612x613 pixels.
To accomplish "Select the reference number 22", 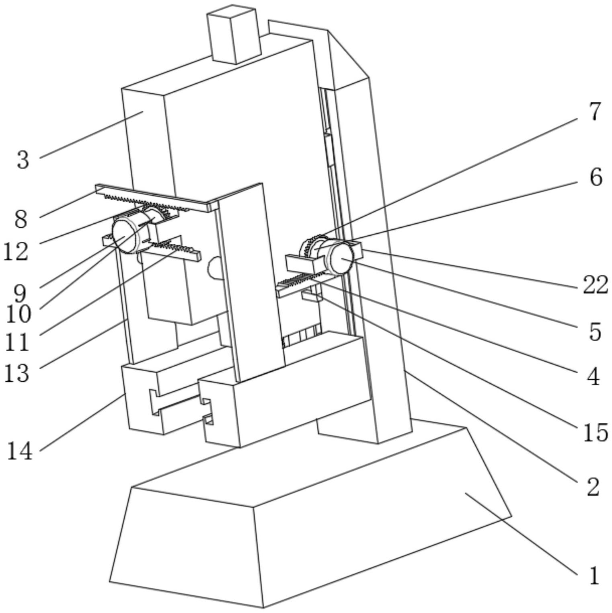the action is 595,285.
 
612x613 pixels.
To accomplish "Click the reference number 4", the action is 594,377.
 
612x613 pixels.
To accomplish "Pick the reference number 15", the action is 596,432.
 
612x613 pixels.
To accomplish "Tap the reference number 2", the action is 593,487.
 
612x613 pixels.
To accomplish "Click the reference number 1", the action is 594,575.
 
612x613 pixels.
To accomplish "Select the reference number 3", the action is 23,159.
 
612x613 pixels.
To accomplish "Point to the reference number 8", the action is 21,219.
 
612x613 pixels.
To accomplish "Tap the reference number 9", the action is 20,293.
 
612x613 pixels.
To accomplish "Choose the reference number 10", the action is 18,314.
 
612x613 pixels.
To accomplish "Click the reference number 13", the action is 16,373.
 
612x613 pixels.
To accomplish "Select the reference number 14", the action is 19,451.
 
